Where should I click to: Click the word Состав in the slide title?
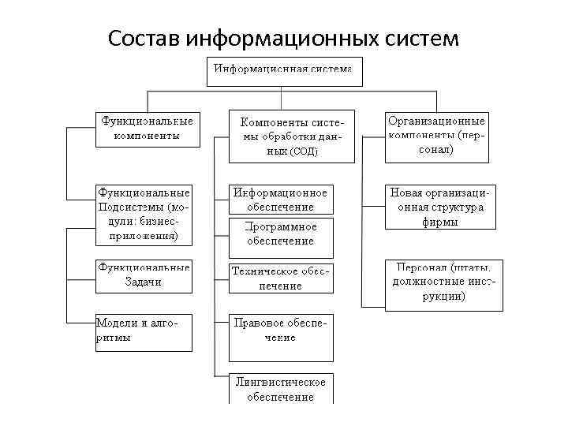(x=144, y=37)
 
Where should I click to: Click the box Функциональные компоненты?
(x=145, y=128)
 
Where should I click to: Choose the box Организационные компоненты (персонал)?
(x=436, y=134)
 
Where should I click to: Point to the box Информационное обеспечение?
(x=280, y=200)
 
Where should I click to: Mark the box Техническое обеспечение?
(x=280, y=278)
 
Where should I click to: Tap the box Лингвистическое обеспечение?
(x=280, y=389)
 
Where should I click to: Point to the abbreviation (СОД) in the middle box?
(x=304, y=151)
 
